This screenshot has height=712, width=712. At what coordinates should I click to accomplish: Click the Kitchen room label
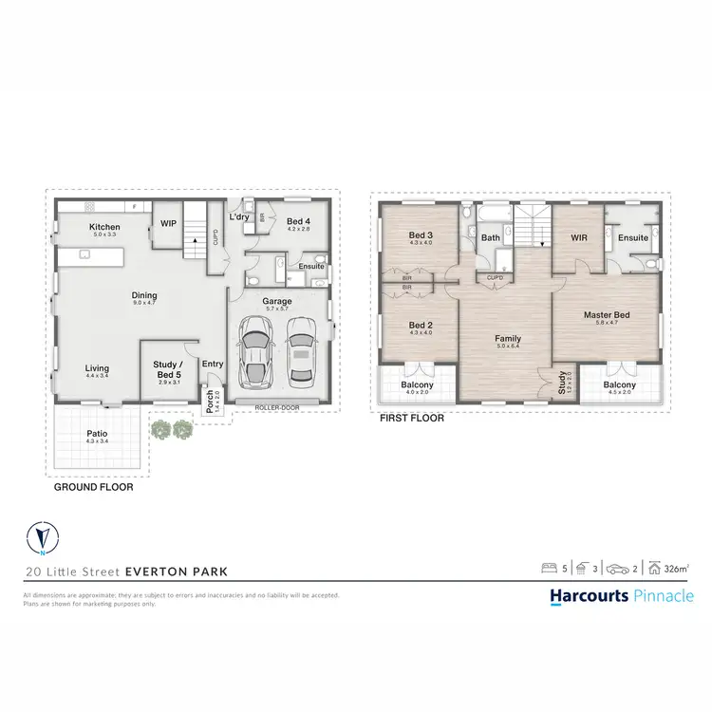(103, 227)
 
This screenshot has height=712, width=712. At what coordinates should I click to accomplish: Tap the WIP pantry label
(169, 224)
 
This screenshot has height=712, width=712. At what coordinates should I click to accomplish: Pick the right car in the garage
(300, 347)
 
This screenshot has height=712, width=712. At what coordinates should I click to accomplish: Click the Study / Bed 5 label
(171, 368)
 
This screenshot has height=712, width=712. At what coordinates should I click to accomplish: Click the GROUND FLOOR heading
(94, 487)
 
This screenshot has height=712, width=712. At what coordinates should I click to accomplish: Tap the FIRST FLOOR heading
(411, 417)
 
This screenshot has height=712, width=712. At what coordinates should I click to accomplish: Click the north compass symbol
(42, 538)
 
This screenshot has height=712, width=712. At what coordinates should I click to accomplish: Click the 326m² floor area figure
(678, 569)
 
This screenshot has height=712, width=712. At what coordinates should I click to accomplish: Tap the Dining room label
(143, 297)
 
